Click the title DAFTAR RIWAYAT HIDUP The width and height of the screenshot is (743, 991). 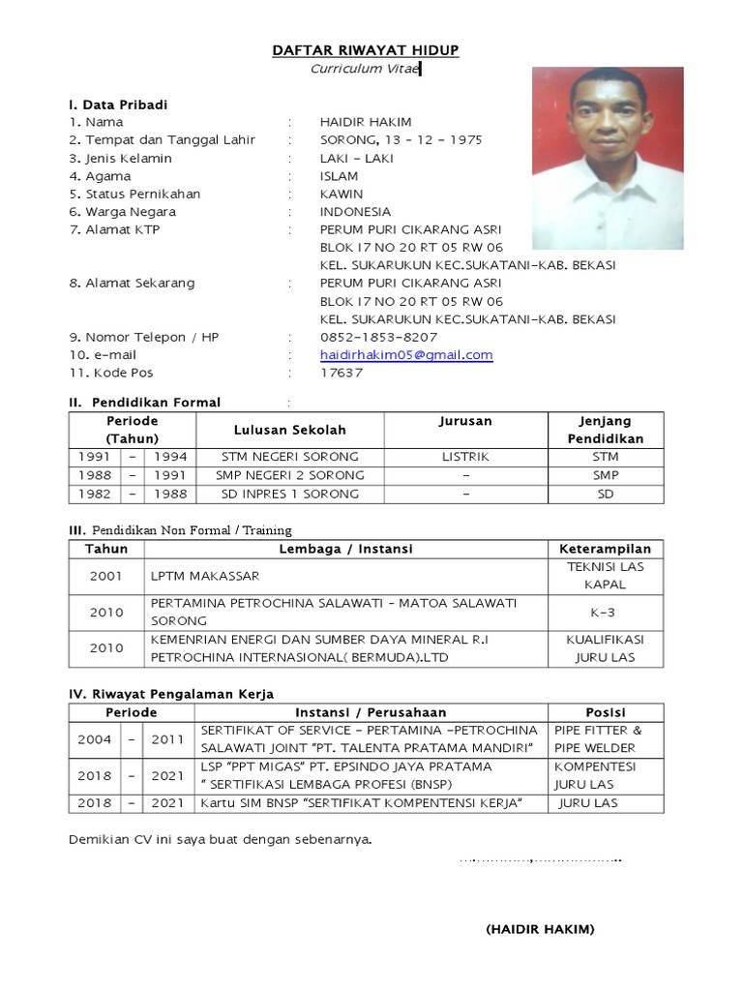click(366, 50)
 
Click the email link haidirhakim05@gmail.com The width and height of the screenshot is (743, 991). click(406, 355)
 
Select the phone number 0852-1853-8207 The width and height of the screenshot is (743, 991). click(378, 338)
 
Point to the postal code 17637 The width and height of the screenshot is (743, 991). click(342, 373)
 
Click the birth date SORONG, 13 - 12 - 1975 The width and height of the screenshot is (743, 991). click(401, 140)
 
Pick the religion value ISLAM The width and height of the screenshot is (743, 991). click(339, 176)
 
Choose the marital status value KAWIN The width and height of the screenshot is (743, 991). click(342, 194)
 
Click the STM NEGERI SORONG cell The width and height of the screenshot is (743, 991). click(289, 457)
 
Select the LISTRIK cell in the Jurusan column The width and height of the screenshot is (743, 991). click(465, 457)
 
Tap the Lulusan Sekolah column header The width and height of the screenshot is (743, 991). click(289, 430)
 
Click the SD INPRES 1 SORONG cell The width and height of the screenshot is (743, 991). click(289, 494)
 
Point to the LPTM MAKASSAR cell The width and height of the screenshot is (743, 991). click(205, 576)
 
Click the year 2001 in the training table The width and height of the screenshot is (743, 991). click(106, 576)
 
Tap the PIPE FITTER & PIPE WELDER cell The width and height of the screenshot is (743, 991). click(608, 739)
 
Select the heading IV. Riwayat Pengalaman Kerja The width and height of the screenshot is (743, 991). click(171, 694)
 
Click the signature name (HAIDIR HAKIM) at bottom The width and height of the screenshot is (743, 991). click(540, 929)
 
